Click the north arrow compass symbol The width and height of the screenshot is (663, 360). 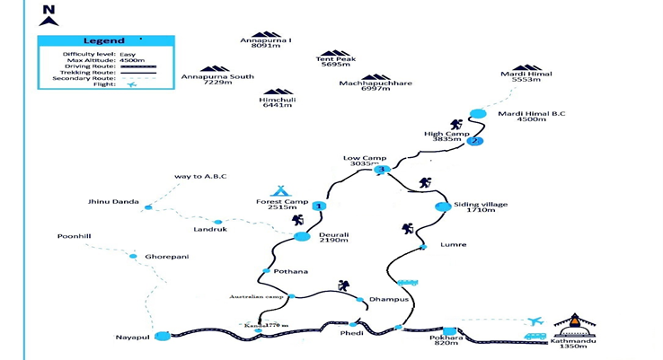pyautogui.click(x=49, y=16)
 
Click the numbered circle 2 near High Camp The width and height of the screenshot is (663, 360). pyautogui.click(x=475, y=141)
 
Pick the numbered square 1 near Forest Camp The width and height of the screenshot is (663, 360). pyautogui.click(x=320, y=206)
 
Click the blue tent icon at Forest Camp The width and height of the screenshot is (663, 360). pyautogui.click(x=281, y=190)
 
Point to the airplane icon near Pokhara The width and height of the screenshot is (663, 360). pyautogui.click(x=536, y=320)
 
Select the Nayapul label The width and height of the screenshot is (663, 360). pyautogui.click(x=130, y=337)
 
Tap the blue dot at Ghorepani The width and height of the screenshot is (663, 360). pyautogui.click(x=133, y=257)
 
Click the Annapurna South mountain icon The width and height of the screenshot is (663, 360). pyautogui.click(x=215, y=68)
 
